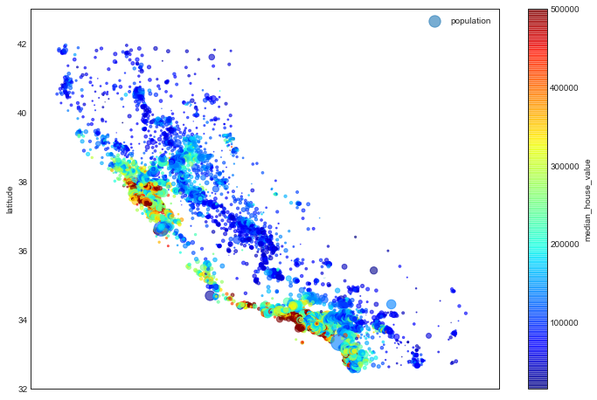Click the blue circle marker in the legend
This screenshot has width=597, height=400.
(434, 21)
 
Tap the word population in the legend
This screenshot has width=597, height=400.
(470, 21)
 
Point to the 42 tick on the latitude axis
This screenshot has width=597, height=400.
(22, 45)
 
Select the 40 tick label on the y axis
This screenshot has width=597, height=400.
(22, 114)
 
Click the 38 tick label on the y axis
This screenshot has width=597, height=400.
(22, 183)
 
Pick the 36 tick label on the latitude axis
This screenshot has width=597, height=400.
(22, 252)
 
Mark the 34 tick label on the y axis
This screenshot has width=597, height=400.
(22, 321)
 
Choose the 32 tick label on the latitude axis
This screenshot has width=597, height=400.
(22, 389)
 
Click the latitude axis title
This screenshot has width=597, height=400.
(9, 199)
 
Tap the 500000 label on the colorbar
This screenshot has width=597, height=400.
(566, 10)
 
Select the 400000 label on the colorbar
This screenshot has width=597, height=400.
(566, 88)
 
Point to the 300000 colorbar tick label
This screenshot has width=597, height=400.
(566, 167)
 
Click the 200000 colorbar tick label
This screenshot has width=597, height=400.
(566, 245)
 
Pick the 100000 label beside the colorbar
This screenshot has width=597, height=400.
(566, 323)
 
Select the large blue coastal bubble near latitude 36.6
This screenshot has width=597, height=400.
(161, 229)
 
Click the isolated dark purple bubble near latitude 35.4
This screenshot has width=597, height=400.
(373, 271)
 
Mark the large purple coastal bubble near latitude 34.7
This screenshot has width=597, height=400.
(210, 296)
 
